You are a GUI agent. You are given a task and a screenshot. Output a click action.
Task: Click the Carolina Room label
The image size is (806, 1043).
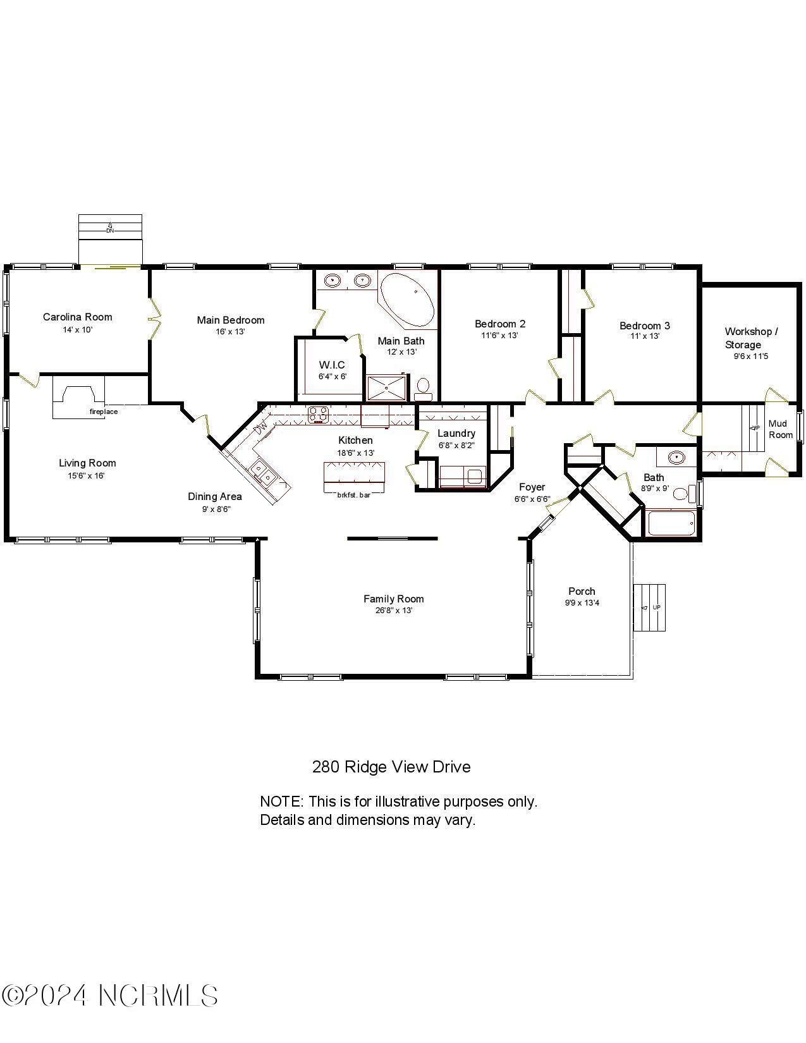77,317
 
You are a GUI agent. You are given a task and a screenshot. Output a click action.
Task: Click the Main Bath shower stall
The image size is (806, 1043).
386,388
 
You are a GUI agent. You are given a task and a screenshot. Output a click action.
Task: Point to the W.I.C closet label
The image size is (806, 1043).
332,365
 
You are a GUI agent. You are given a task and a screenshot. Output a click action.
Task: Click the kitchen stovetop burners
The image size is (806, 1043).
318,415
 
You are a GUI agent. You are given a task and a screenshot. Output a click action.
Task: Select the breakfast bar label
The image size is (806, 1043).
353,495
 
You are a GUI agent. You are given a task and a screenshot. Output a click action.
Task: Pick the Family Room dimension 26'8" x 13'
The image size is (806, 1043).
393,611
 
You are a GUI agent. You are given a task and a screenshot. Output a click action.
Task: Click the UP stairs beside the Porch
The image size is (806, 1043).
650,607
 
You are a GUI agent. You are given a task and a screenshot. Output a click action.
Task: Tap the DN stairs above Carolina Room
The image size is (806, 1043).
110,226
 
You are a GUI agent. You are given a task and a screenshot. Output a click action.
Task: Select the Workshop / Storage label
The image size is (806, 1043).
750,338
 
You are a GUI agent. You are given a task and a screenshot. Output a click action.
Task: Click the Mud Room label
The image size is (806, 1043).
780,429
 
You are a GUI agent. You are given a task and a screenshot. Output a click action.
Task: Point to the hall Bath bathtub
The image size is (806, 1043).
671,523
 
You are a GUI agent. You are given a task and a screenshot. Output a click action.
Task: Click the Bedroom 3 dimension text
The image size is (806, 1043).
644,336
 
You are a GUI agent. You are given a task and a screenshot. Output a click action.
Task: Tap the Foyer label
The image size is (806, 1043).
532,487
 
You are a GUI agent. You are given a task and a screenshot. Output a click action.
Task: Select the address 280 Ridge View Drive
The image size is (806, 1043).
391,767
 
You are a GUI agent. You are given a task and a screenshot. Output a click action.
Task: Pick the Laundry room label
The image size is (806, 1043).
456,433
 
